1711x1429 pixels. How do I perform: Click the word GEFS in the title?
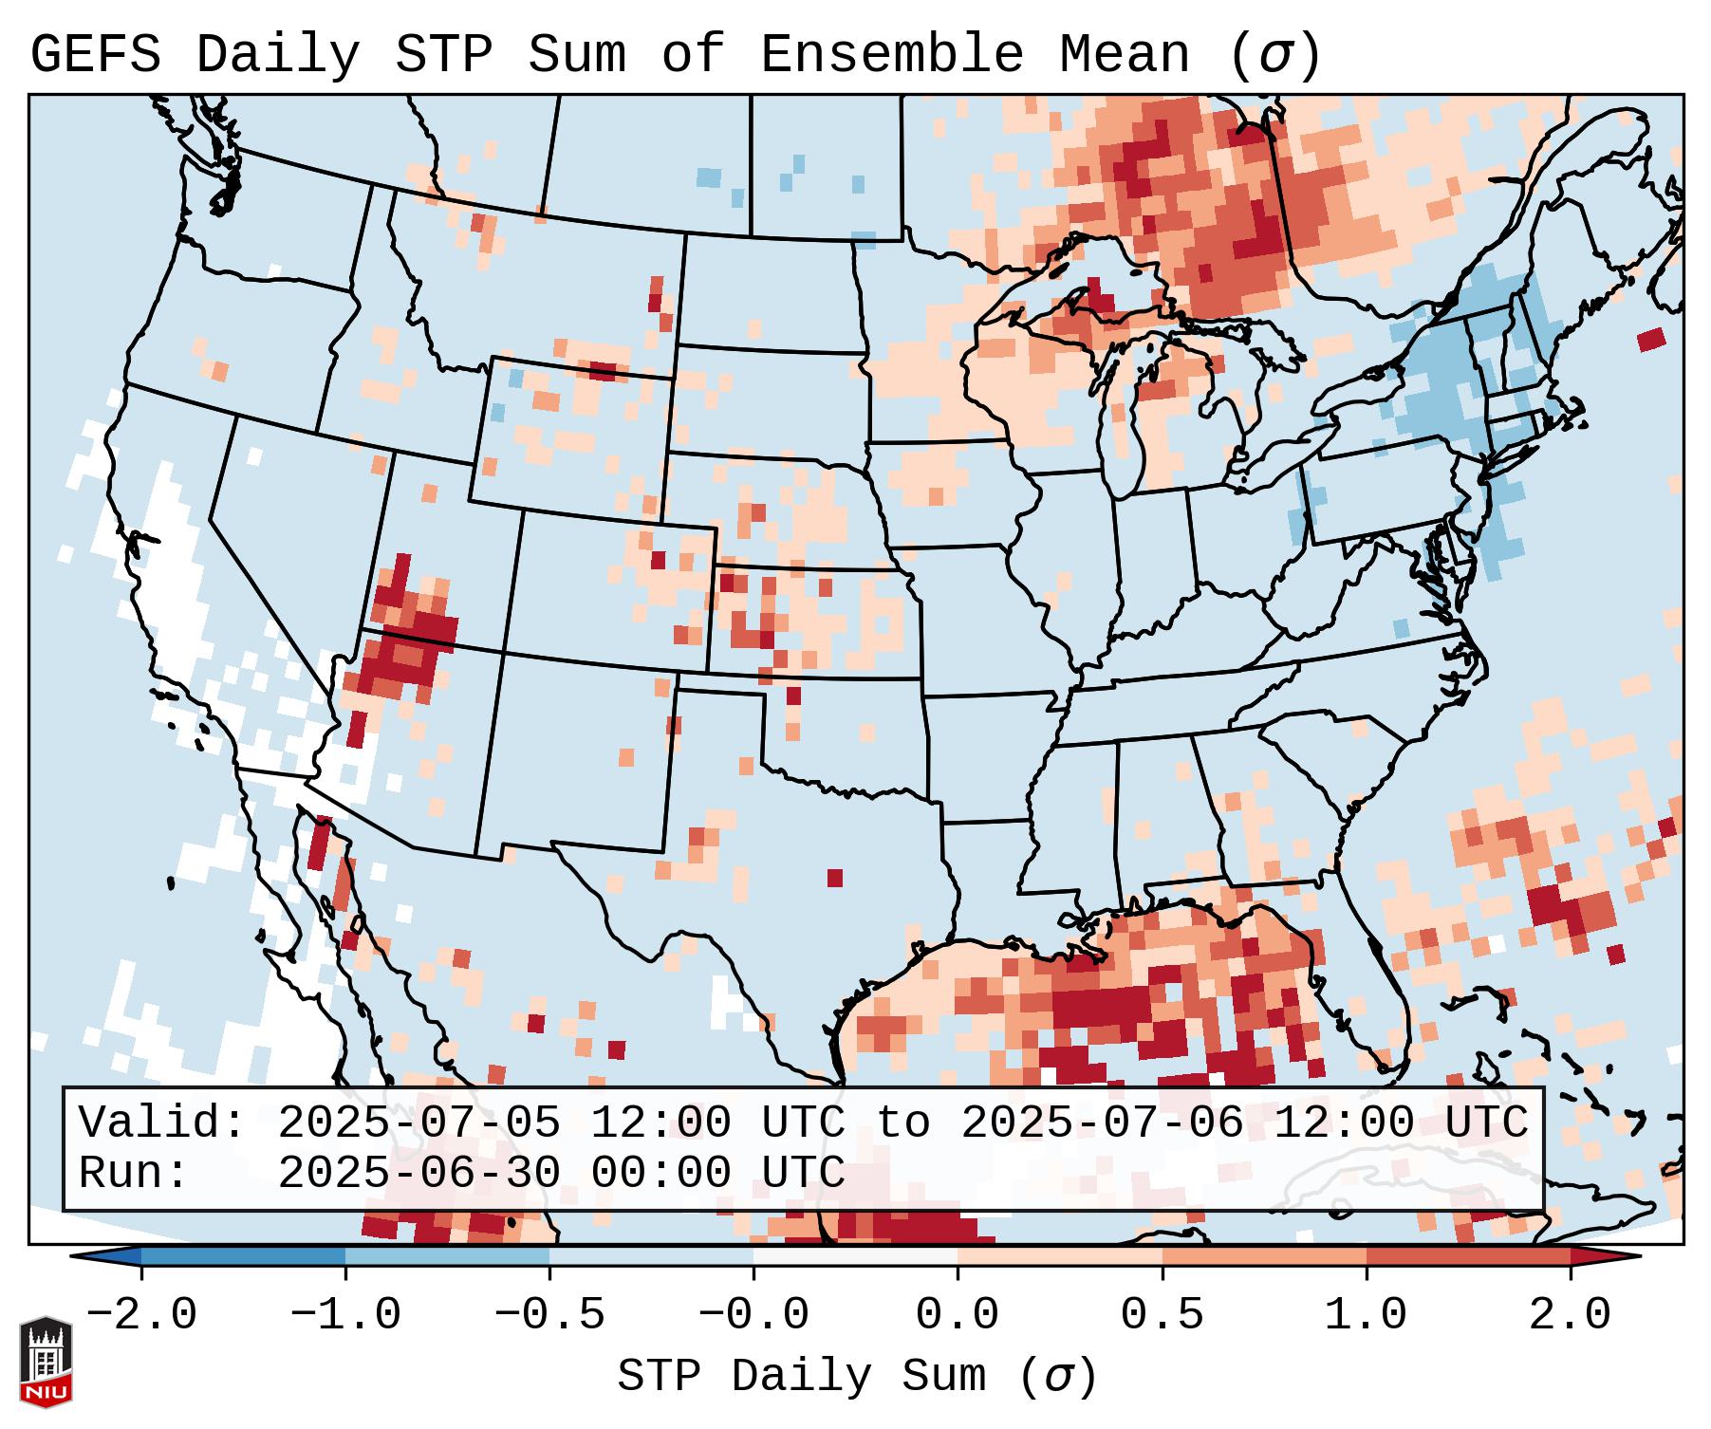[95, 55]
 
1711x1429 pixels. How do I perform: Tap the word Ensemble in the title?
[891, 55]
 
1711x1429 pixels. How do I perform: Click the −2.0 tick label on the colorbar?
[141, 1315]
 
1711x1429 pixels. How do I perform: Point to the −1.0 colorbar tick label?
[345, 1315]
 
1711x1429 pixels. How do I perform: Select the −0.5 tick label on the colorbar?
[549, 1315]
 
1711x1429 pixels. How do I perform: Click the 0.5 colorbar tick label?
[1162, 1315]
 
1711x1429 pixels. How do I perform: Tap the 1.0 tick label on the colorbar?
[1367, 1315]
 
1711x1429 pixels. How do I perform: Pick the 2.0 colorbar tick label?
[1571, 1315]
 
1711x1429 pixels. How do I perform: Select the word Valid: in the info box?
[162, 1123]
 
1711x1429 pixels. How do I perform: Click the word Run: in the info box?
[134, 1173]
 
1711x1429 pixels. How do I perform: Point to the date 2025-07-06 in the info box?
[1102, 1123]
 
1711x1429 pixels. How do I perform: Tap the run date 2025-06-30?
[418, 1173]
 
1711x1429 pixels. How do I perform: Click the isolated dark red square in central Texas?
[835, 878]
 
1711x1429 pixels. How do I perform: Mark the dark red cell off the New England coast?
[1651, 339]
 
